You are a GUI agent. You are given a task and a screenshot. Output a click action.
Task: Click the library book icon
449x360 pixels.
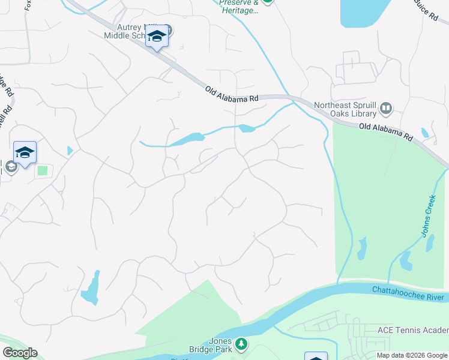(x=386, y=109)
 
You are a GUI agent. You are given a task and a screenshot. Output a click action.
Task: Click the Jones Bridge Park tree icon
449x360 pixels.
(x=241, y=344)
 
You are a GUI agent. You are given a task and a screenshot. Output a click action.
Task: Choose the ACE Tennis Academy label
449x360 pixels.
(x=412, y=331)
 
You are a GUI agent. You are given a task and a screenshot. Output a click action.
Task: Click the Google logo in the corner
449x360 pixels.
(x=20, y=353)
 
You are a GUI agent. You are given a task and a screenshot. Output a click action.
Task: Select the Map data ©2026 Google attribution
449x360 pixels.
(x=412, y=355)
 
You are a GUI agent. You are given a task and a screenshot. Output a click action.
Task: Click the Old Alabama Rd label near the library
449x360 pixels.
(x=385, y=132)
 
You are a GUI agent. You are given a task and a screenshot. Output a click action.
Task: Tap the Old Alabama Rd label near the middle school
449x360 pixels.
(x=231, y=94)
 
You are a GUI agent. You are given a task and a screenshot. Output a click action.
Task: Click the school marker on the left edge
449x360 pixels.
(x=25, y=152)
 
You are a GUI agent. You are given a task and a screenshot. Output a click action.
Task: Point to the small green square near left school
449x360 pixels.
(x=42, y=170)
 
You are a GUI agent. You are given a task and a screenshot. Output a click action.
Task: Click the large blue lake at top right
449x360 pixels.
(x=364, y=12)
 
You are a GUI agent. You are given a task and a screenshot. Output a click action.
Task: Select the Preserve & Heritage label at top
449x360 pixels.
(x=239, y=7)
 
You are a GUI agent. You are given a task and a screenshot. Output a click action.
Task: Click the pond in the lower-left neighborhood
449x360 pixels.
(x=91, y=289)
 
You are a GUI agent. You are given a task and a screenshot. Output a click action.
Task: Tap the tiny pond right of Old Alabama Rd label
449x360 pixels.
(x=426, y=133)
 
